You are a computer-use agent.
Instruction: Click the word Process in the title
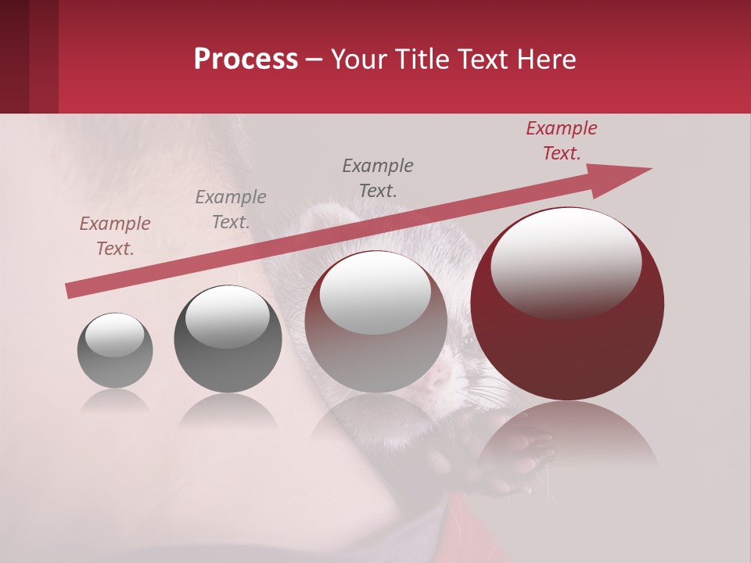[x=246, y=59]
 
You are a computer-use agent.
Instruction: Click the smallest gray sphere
[x=115, y=350]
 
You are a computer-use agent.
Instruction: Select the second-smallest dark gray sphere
[x=228, y=339]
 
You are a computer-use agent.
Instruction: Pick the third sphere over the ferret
[x=375, y=321]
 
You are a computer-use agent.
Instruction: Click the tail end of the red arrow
[x=70, y=291]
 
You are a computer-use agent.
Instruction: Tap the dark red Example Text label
[x=561, y=141]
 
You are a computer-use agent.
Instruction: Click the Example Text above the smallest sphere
[x=114, y=236]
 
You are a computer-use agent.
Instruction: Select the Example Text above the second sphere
[x=230, y=210]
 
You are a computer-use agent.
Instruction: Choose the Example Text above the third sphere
[x=377, y=178]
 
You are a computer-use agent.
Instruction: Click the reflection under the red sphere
[x=567, y=438]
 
